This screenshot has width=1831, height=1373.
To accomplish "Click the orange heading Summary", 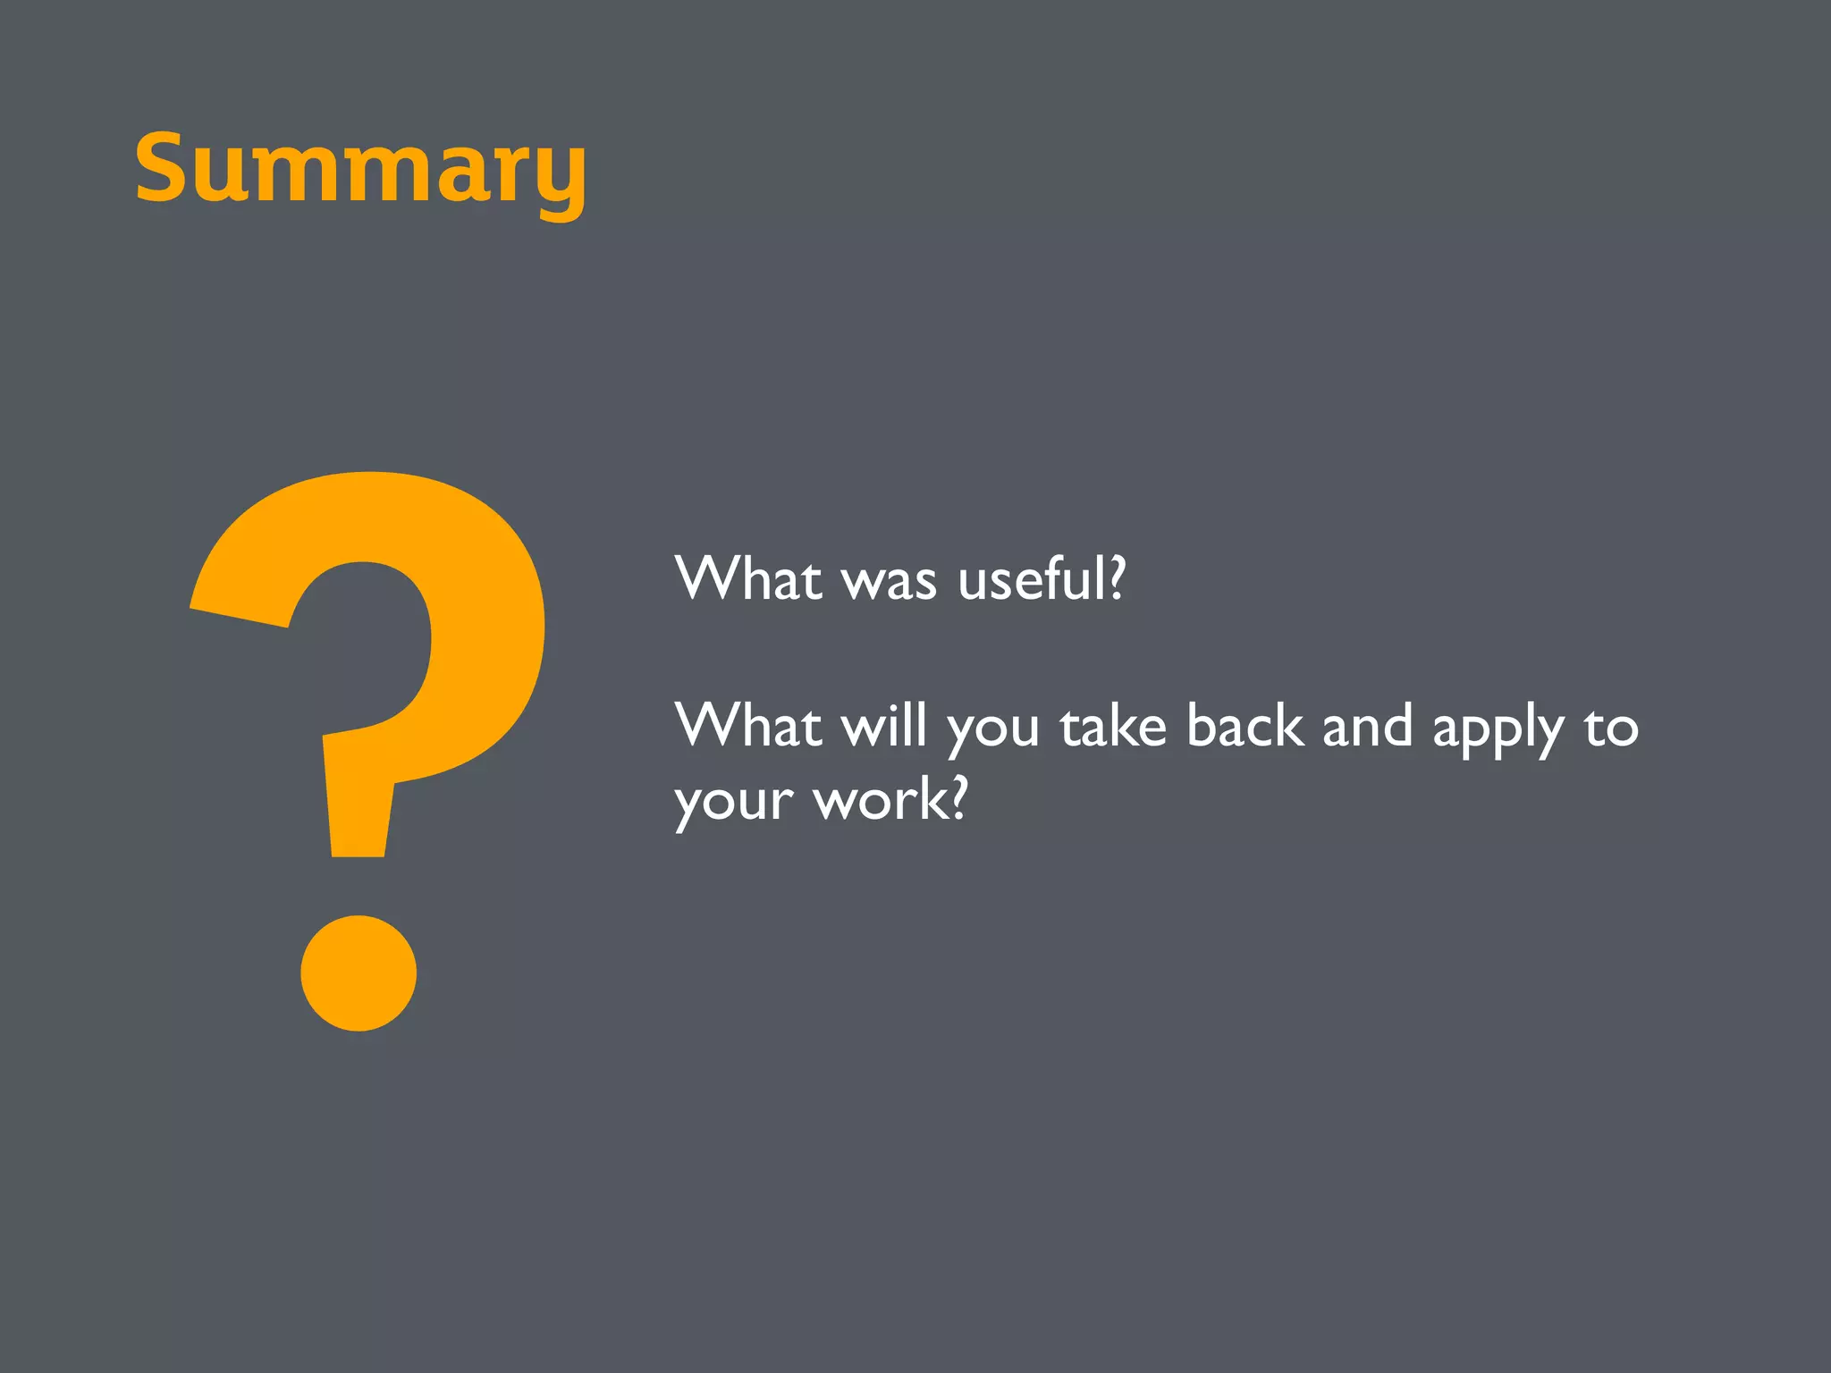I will click(360, 170).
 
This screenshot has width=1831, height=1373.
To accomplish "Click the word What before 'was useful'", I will click(748, 578).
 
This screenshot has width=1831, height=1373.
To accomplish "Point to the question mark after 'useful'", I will click(1116, 578).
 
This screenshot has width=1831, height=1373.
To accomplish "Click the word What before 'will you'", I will click(748, 725).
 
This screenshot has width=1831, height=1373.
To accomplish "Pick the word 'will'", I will click(883, 725).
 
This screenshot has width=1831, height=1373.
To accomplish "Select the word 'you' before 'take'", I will click(993, 731).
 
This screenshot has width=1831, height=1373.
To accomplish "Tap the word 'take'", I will click(1113, 725).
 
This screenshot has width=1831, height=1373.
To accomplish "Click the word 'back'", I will click(1244, 725).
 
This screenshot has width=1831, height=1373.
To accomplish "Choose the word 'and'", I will click(1367, 725).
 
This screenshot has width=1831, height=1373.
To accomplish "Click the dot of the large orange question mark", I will click(359, 973).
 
